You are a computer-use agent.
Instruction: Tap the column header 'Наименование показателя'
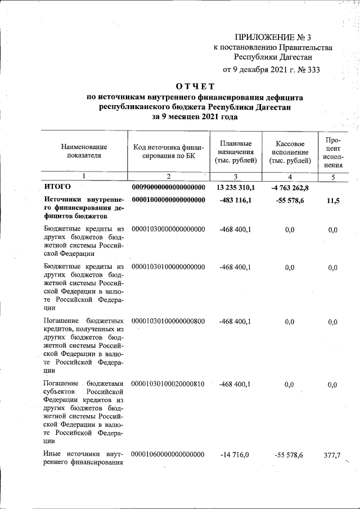tap(84, 151)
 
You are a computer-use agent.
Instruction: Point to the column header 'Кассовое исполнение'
tap(290, 152)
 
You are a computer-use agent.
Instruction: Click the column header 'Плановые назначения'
tap(236, 152)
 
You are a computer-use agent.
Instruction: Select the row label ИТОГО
tap(57, 187)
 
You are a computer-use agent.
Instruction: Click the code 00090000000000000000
tap(168, 187)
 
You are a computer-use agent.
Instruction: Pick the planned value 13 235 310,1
tap(236, 187)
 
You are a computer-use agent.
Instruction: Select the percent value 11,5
tap(332, 200)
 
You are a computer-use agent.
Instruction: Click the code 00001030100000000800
tap(168, 321)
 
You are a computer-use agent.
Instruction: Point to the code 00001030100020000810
tap(168, 384)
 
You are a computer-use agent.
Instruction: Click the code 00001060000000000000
tap(168, 454)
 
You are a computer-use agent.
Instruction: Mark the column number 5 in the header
tap(332, 177)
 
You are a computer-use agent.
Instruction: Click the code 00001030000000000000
tap(168, 229)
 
